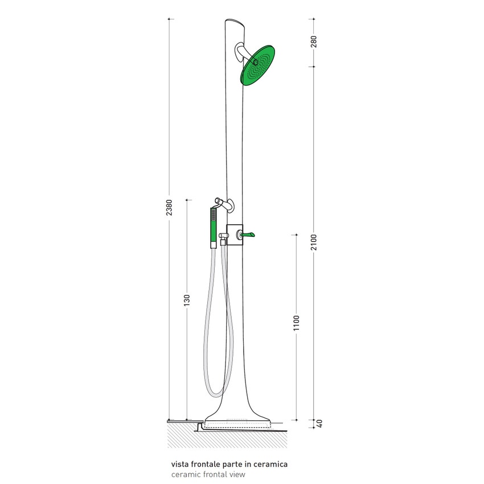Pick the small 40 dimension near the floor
[319, 424]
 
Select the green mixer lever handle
[249, 234]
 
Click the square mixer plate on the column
[235, 234]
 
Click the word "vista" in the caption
[179, 464]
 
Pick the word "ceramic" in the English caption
[184, 474]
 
